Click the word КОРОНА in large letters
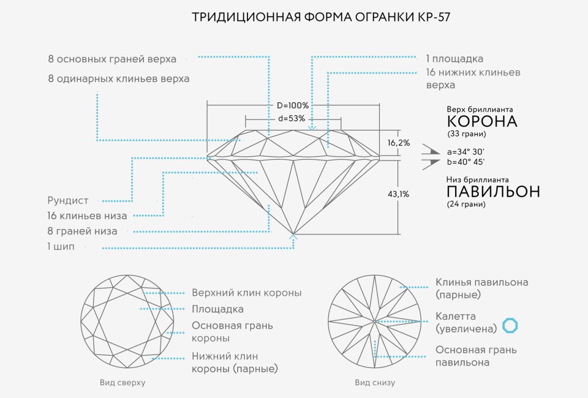(x=482, y=121)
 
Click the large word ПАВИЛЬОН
(x=494, y=192)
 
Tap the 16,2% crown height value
(x=399, y=143)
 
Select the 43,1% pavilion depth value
(x=399, y=194)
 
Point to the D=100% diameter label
(x=293, y=105)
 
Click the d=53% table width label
(x=292, y=118)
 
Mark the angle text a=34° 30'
(x=466, y=151)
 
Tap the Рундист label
(x=68, y=200)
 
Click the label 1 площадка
(x=454, y=59)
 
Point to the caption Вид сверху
(x=123, y=383)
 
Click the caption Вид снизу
(x=375, y=383)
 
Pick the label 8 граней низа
(x=82, y=231)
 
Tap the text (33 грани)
(x=467, y=134)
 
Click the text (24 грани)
(x=467, y=205)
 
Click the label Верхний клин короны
(x=246, y=293)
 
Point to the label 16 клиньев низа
(x=87, y=216)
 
